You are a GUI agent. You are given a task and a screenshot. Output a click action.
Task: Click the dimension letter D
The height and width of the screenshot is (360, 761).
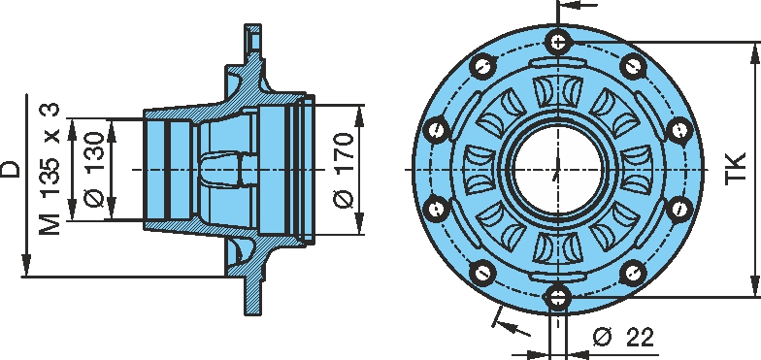coord(12,169)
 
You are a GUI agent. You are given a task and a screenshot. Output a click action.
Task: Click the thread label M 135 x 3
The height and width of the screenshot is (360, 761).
coord(50,169)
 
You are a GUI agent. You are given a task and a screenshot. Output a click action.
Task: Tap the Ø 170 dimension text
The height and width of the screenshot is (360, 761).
coord(344,170)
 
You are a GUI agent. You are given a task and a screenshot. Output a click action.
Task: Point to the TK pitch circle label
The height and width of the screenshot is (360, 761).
coord(736,169)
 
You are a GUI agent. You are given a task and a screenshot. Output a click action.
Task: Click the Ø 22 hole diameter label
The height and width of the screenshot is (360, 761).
coord(623,337)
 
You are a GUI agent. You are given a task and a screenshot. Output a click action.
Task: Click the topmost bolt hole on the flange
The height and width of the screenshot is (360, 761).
coord(557,43)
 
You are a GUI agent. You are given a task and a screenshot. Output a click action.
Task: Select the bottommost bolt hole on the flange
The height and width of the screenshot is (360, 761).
coord(557,296)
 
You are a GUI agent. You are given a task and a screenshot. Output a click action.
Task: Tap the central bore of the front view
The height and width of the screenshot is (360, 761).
coord(557,170)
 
